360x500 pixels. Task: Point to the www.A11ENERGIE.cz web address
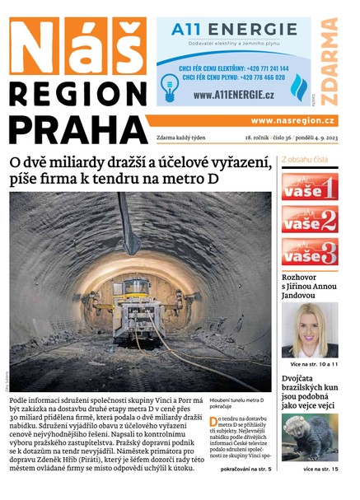pos(239,95)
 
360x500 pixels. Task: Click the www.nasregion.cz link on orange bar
pos(293,120)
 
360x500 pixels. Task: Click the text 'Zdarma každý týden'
pos(185,138)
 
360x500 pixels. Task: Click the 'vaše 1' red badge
pos(309,187)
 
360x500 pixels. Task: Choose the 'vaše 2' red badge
pos(309,219)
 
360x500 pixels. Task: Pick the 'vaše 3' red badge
pos(309,251)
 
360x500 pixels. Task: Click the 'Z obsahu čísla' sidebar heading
pos(306,160)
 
